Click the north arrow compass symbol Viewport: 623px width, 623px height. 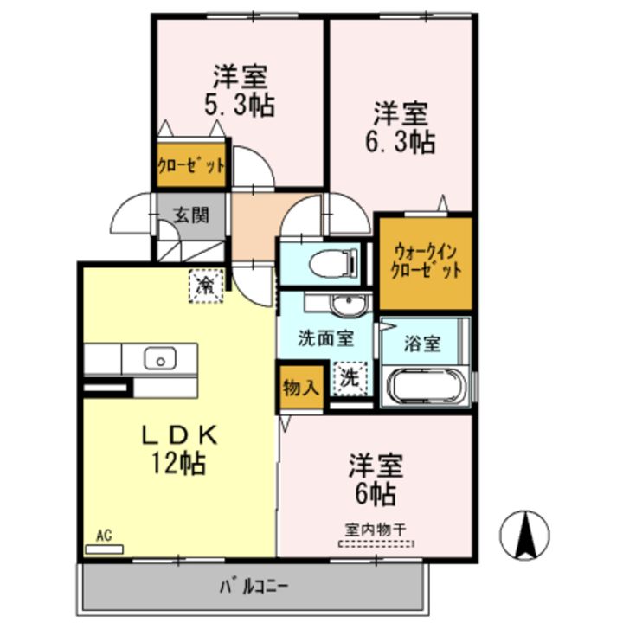coord(524,535)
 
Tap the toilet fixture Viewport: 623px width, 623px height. coord(333,263)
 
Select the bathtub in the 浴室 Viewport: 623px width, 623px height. coord(427,387)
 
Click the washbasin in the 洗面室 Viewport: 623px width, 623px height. coord(348,305)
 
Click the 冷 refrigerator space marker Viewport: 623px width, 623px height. coord(206,286)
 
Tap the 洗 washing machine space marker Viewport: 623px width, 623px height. coord(350,379)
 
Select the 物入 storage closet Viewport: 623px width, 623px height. coord(301,387)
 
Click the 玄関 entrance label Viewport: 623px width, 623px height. coord(191,215)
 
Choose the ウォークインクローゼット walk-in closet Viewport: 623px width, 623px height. coord(426,263)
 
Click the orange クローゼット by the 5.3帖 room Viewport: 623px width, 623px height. coord(191,165)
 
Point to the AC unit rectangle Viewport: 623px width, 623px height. coord(104,549)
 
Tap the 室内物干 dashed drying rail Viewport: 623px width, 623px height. coord(376,544)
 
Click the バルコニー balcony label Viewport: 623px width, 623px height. coord(254,587)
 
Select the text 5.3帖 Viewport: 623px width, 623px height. coord(240,106)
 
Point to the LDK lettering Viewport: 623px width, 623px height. coord(180,435)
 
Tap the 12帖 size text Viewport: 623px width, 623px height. coord(178,463)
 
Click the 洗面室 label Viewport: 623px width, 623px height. coord(326,338)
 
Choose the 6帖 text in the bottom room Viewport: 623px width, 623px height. coord(376,494)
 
